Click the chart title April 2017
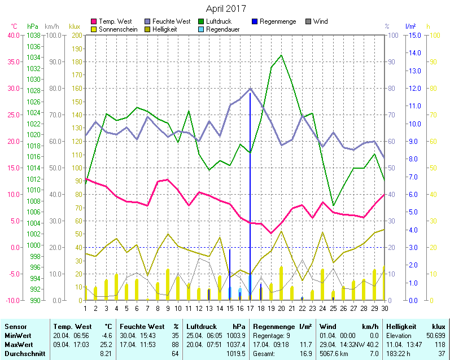point(225,9)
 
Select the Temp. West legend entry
point(115,21)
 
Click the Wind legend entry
point(320,21)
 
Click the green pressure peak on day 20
point(281,55)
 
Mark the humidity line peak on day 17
point(250,89)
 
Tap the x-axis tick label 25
point(333,308)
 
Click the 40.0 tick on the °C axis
point(12,35)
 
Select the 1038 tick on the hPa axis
point(33,35)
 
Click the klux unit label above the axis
point(74,27)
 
